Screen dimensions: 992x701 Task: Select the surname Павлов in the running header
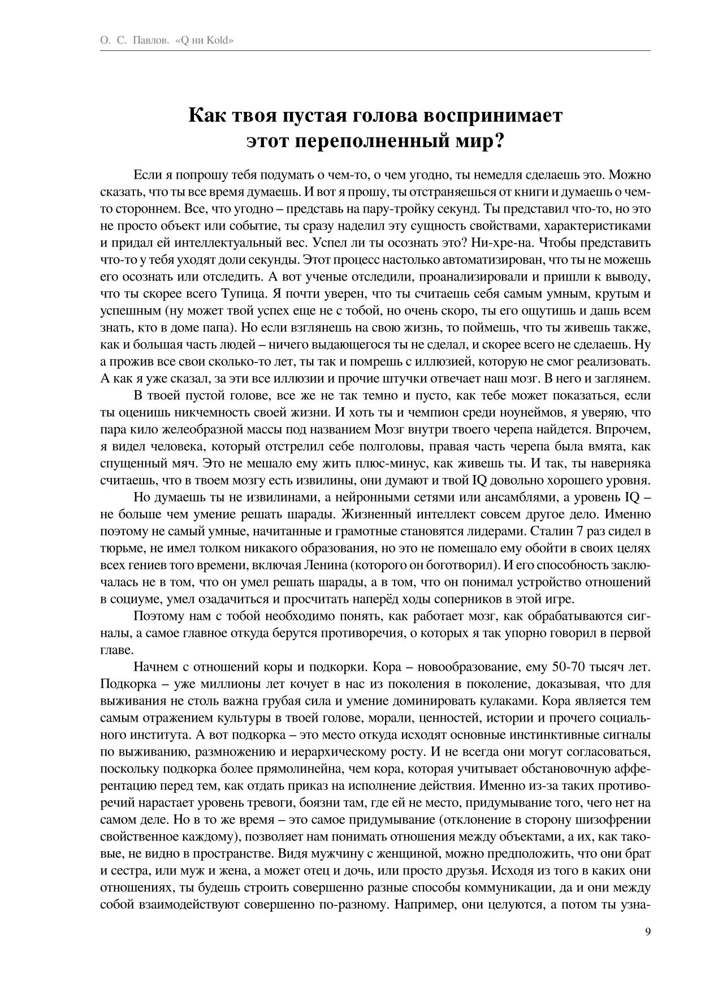pos(150,41)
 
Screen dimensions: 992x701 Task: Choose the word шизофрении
pos(616,820)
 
